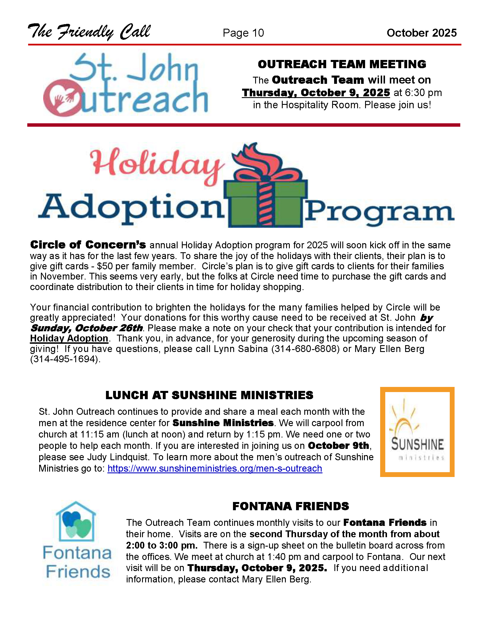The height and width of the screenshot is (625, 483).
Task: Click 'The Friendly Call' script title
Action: (89, 32)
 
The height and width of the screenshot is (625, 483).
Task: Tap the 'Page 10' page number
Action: (243, 33)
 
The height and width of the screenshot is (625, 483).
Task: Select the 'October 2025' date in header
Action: (421, 33)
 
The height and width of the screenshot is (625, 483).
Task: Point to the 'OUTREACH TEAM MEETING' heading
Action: (342, 64)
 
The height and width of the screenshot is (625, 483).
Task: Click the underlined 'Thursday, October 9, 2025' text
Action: (316, 93)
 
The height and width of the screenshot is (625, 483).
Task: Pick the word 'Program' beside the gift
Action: (379, 212)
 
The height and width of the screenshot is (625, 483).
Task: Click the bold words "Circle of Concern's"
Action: (88, 245)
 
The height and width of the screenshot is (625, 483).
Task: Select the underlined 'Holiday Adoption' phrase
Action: (69, 338)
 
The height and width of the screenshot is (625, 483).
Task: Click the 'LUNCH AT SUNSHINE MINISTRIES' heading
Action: (209, 395)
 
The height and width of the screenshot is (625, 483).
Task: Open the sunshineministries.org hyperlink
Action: (215, 468)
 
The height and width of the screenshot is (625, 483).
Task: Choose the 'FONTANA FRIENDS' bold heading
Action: (290, 506)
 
